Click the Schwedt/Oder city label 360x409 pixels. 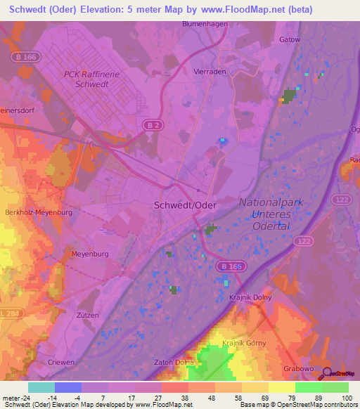pos(185,205)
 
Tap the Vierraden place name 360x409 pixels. pos(209,71)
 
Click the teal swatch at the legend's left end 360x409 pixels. pos(41,387)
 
